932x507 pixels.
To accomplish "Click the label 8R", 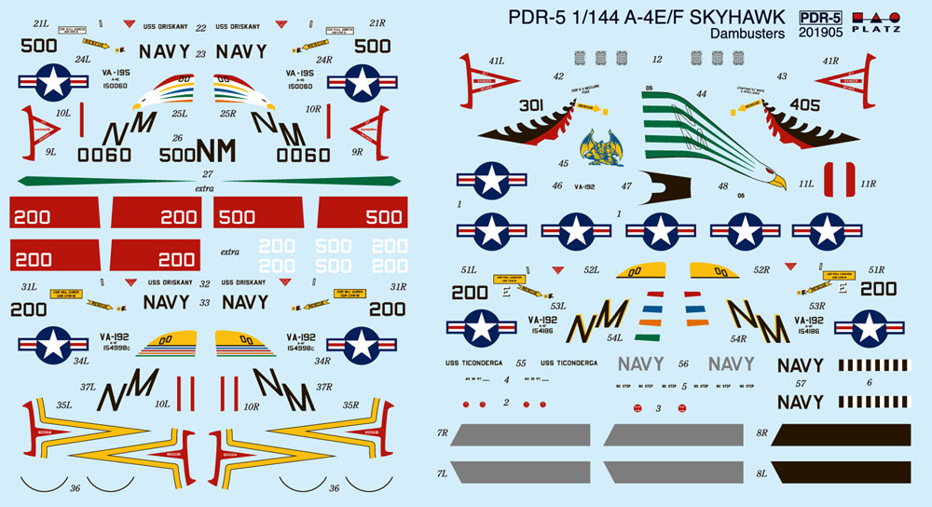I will pyautogui.click(x=761, y=433).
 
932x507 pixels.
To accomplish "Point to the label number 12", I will pyautogui.click(x=657, y=60).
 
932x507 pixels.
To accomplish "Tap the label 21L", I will pyautogui.click(x=40, y=22).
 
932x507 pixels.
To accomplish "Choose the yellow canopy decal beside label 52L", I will pyautogui.click(x=637, y=272).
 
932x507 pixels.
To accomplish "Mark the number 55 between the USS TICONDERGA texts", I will pyautogui.click(x=520, y=363).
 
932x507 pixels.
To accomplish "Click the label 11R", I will pyautogui.click(x=868, y=184).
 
